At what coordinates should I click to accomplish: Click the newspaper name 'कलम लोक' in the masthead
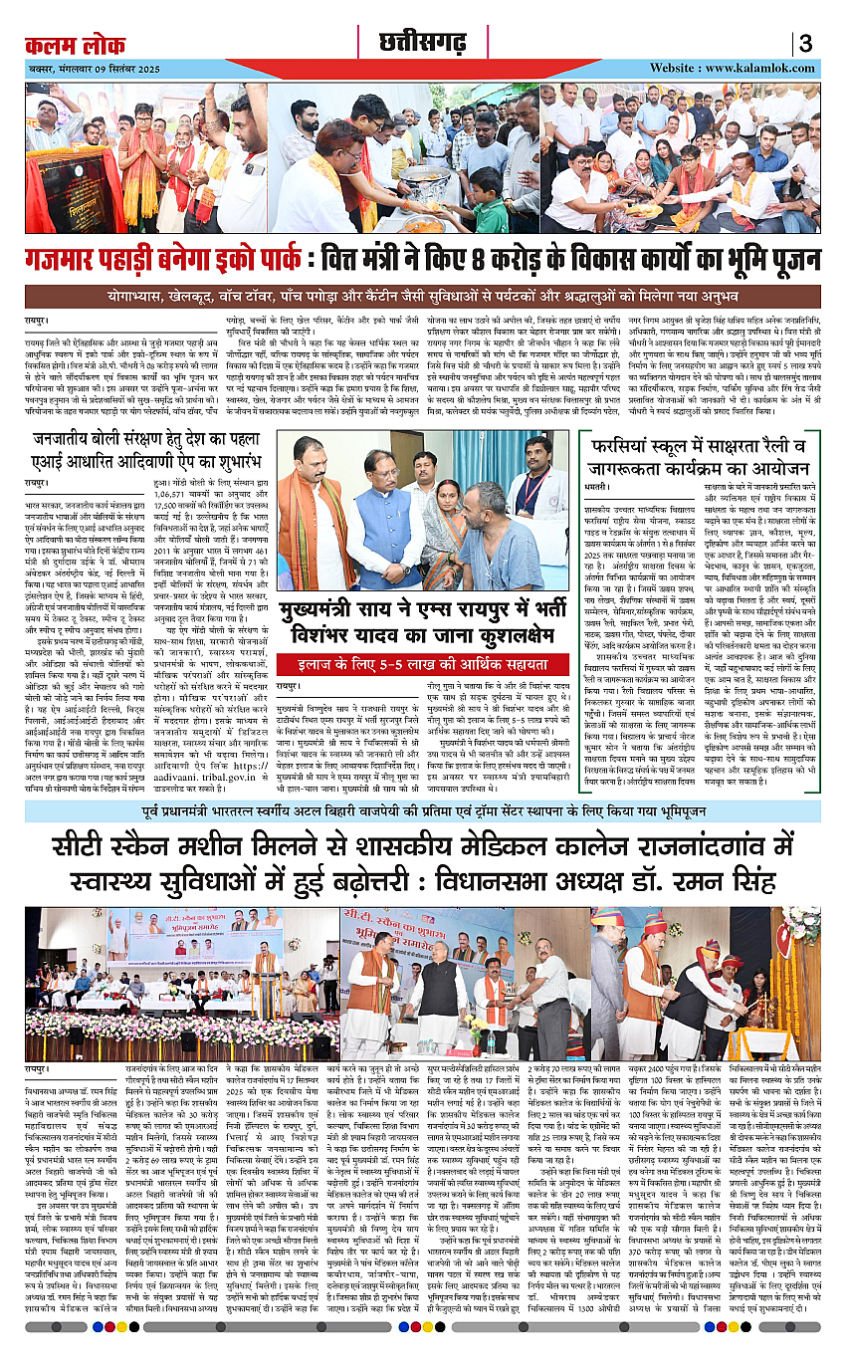coord(76,46)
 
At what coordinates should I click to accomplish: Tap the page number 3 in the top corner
coord(806,44)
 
